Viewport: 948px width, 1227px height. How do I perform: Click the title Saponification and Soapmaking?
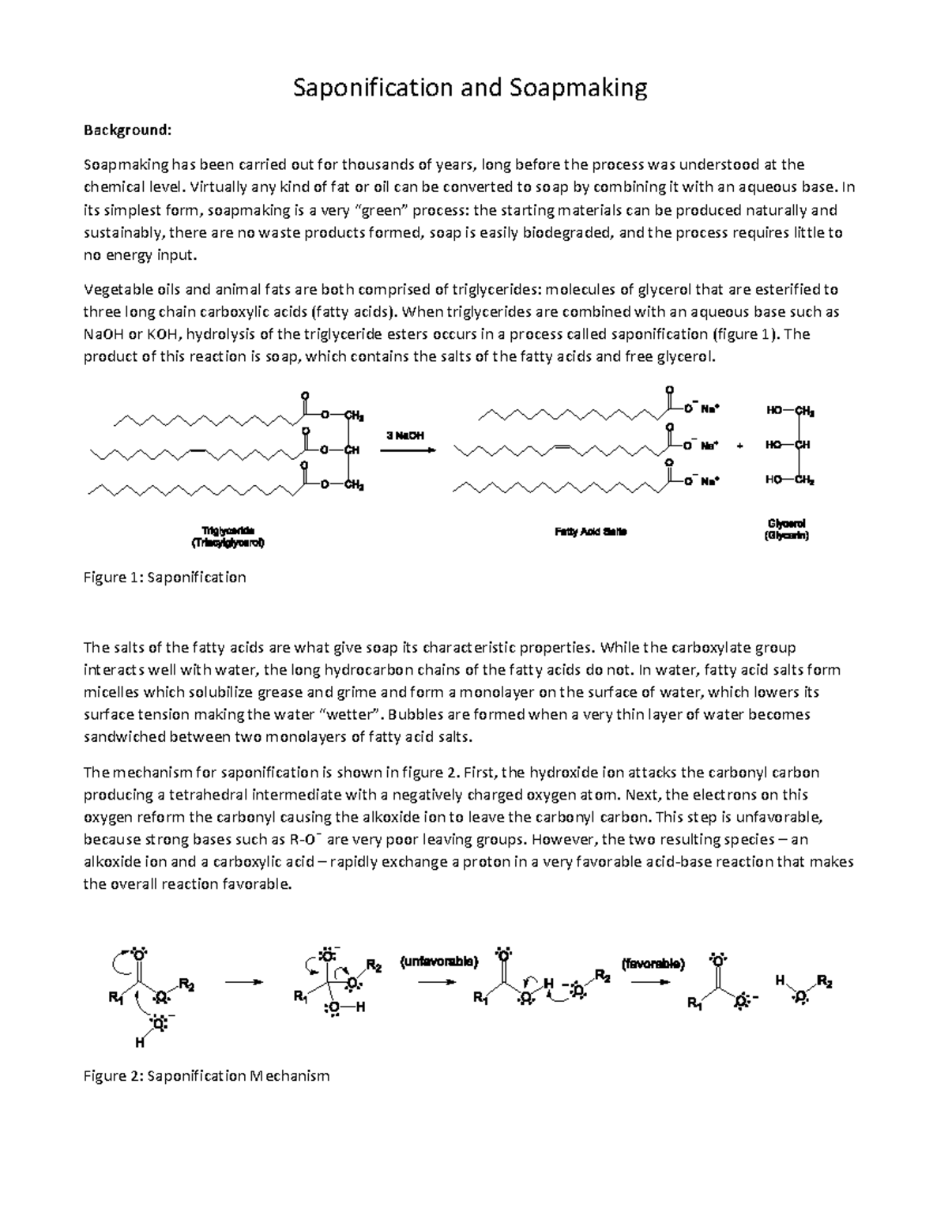pyautogui.click(x=470, y=87)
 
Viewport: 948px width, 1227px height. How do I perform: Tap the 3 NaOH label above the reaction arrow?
pyautogui.click(x=404, y=435)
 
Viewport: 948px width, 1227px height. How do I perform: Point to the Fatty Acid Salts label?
pyautogui.click(x=590, y=532)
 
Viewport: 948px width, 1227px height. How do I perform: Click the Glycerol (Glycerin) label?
pyautogui.click(x=786, y=529)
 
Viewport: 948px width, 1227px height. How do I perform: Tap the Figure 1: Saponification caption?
pyautogui.click(x=165, y=578)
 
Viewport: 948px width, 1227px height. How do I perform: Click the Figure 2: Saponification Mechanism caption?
pyautogui.click(x=206, y=1075)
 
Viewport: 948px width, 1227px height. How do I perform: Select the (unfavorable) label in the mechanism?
pyautogui.click(x=439, y=962)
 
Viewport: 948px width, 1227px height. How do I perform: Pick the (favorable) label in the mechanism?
pyautogui.click(x=653, y=963)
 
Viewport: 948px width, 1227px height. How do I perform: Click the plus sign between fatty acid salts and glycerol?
pyautogui.click(x=740, y=446)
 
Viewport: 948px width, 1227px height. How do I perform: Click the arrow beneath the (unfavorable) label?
pyautogui.click(x=437, y=982)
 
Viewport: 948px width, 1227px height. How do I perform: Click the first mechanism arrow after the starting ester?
pyautogui.click(x=243, y=982)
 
